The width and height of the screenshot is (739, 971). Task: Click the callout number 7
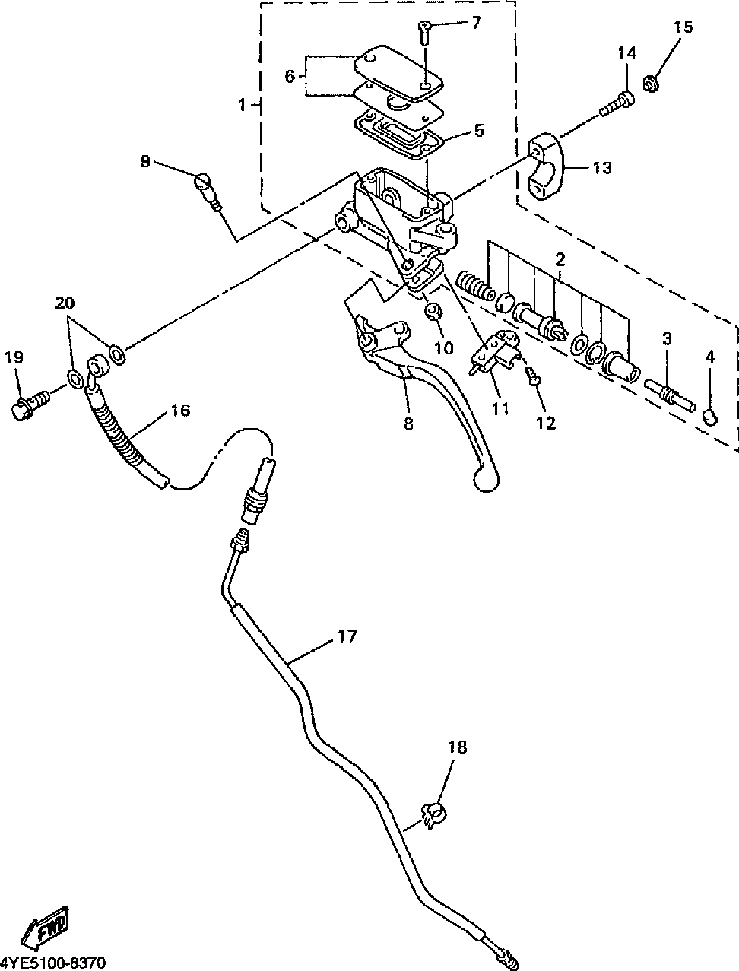pos(475,23)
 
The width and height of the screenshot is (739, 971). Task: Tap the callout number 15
pos(683,27)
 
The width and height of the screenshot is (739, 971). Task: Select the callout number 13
pos(602,168)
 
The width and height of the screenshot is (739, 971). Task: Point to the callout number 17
pos(347,636)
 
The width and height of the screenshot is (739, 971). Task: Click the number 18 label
pos(457,747)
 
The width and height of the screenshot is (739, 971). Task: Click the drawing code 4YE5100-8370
pos(53,963)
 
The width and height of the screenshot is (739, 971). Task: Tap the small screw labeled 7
pos(423,32)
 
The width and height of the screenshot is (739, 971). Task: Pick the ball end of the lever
pos(486,481)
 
